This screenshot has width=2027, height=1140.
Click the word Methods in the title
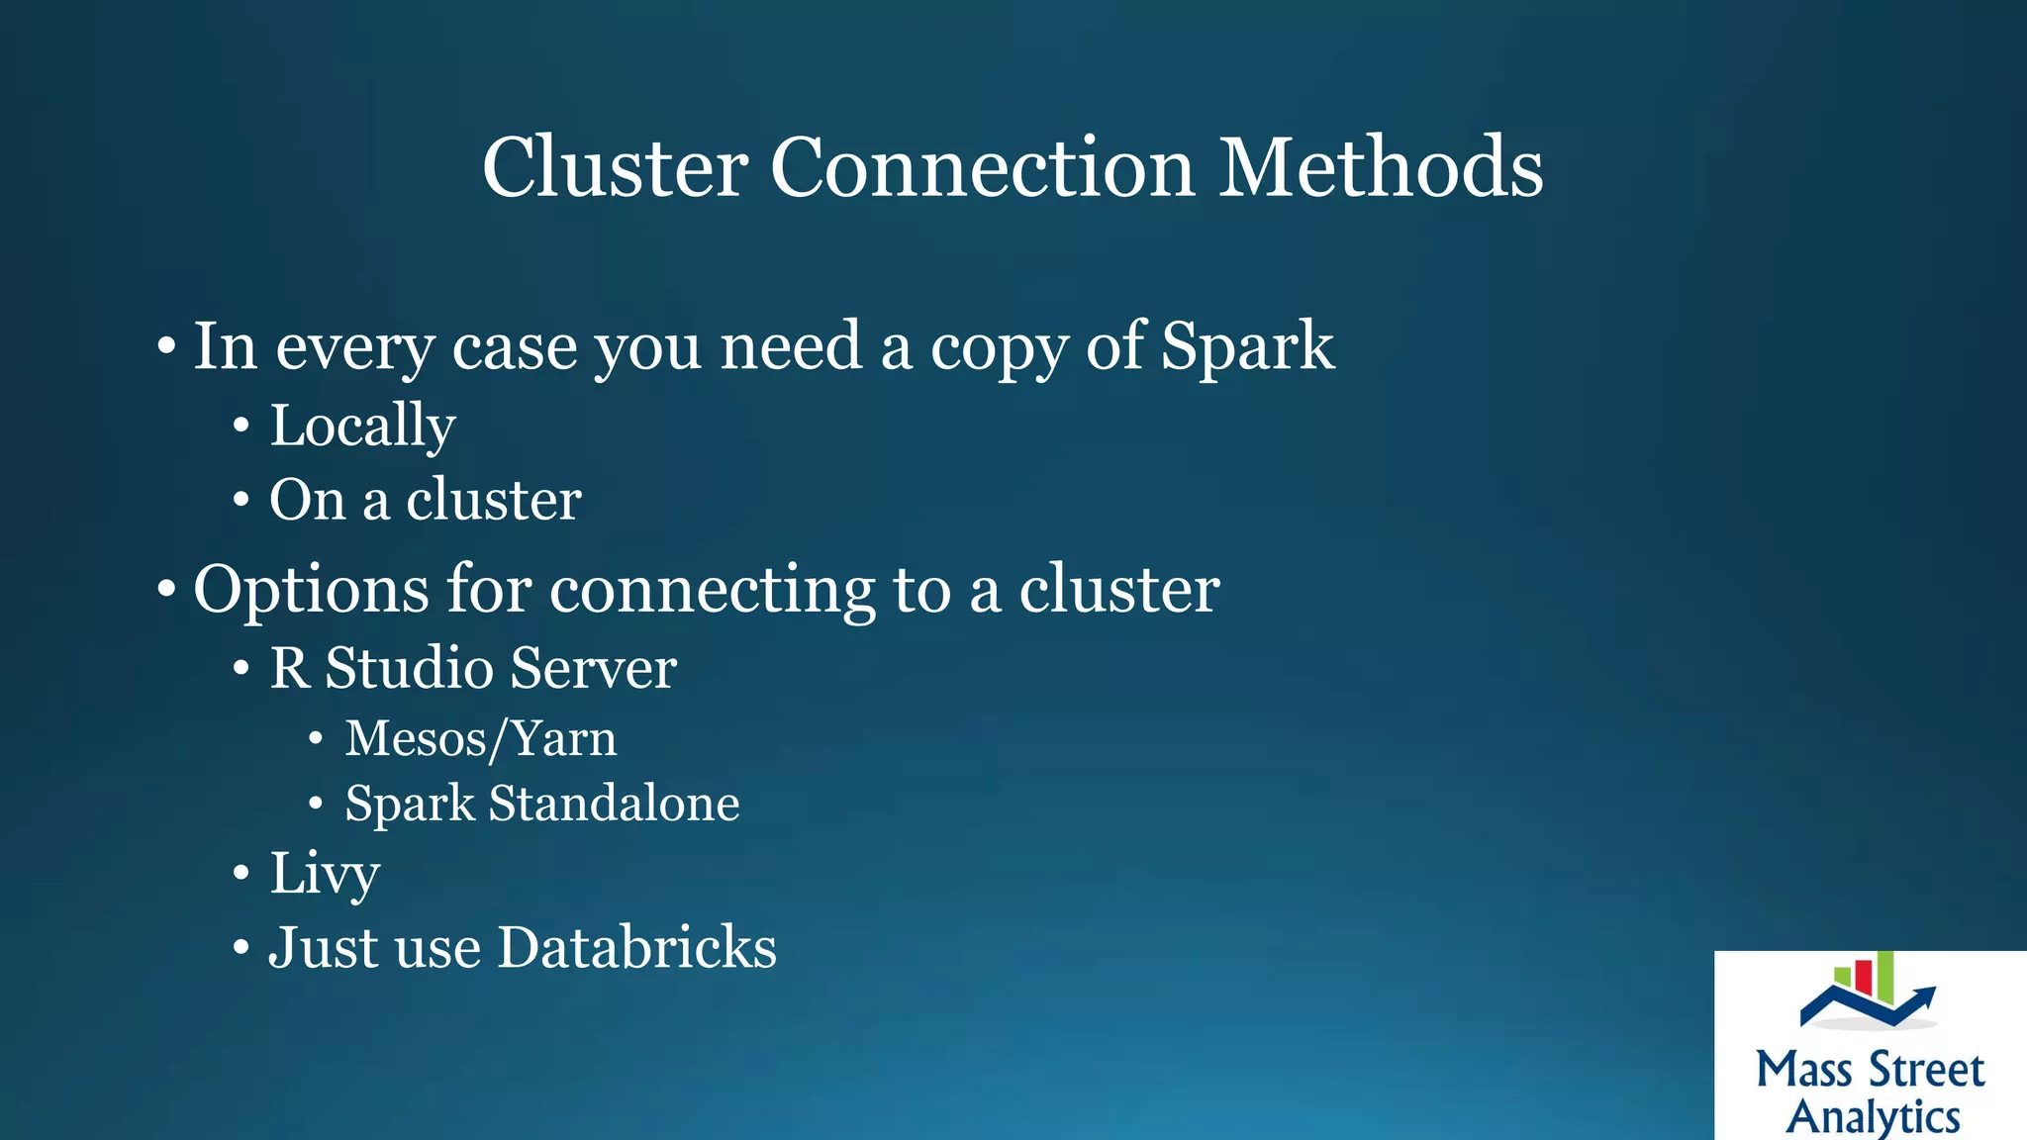click(x=1380, y=167)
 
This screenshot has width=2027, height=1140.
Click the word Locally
click(x=362, y=427)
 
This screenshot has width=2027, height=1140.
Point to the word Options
click(x=311, y=591)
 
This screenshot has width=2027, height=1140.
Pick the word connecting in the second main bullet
click(x=712, y=591)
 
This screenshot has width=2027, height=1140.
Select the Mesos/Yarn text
click(x=480, y=739)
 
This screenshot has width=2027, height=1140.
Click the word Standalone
click(x=614, y=803)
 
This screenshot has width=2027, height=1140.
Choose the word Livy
click(x=325, y=874)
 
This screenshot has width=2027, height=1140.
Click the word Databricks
click(x=636, y=947)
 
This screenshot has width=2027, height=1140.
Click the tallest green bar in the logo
click(x=1884, y=976)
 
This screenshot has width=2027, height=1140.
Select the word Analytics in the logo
click(x=1873, y=1117)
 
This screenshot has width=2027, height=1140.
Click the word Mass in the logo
click(x=1803, y=1071)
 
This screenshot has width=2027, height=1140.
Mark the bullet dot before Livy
click(x=241, y=874)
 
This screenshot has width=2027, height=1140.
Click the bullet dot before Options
click(x=166, y=590)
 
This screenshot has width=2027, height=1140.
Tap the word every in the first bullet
click(x=354, y=348)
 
